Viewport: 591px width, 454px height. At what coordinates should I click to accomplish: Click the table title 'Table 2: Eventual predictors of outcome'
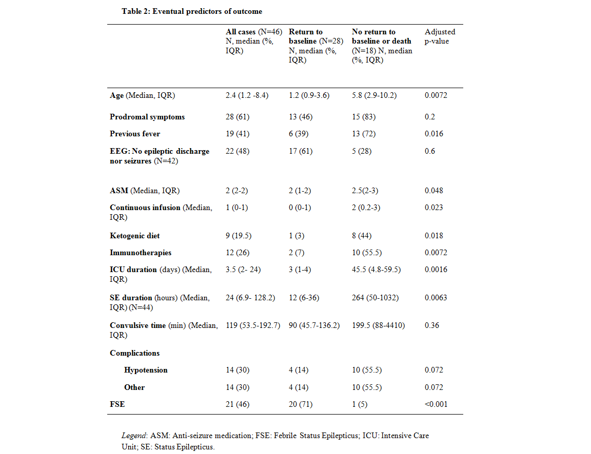(192, 11)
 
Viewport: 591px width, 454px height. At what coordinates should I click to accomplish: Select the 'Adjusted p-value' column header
(440, 36)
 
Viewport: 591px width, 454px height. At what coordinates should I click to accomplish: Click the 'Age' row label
(117, 95)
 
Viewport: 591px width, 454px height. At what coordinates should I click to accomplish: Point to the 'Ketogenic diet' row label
(134, 236)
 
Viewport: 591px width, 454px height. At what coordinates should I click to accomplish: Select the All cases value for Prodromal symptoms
(238, 117)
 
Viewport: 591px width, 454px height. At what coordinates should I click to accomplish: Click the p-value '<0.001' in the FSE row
(436, 404)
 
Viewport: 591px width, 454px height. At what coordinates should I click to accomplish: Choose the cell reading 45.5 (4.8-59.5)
(376, 270)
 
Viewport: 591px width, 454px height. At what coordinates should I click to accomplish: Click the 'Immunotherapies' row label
(141, 253)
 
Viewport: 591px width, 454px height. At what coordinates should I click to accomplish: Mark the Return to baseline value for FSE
(301, 404)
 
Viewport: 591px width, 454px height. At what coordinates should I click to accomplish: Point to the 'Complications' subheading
(134, 353)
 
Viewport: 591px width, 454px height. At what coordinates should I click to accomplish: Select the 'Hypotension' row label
(146, 370)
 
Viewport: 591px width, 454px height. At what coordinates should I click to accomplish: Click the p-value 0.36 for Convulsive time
(432, 325)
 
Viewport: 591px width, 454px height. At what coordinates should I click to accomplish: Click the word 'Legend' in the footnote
(133, 436)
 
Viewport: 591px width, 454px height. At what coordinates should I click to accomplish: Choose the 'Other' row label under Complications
(134, 387)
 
